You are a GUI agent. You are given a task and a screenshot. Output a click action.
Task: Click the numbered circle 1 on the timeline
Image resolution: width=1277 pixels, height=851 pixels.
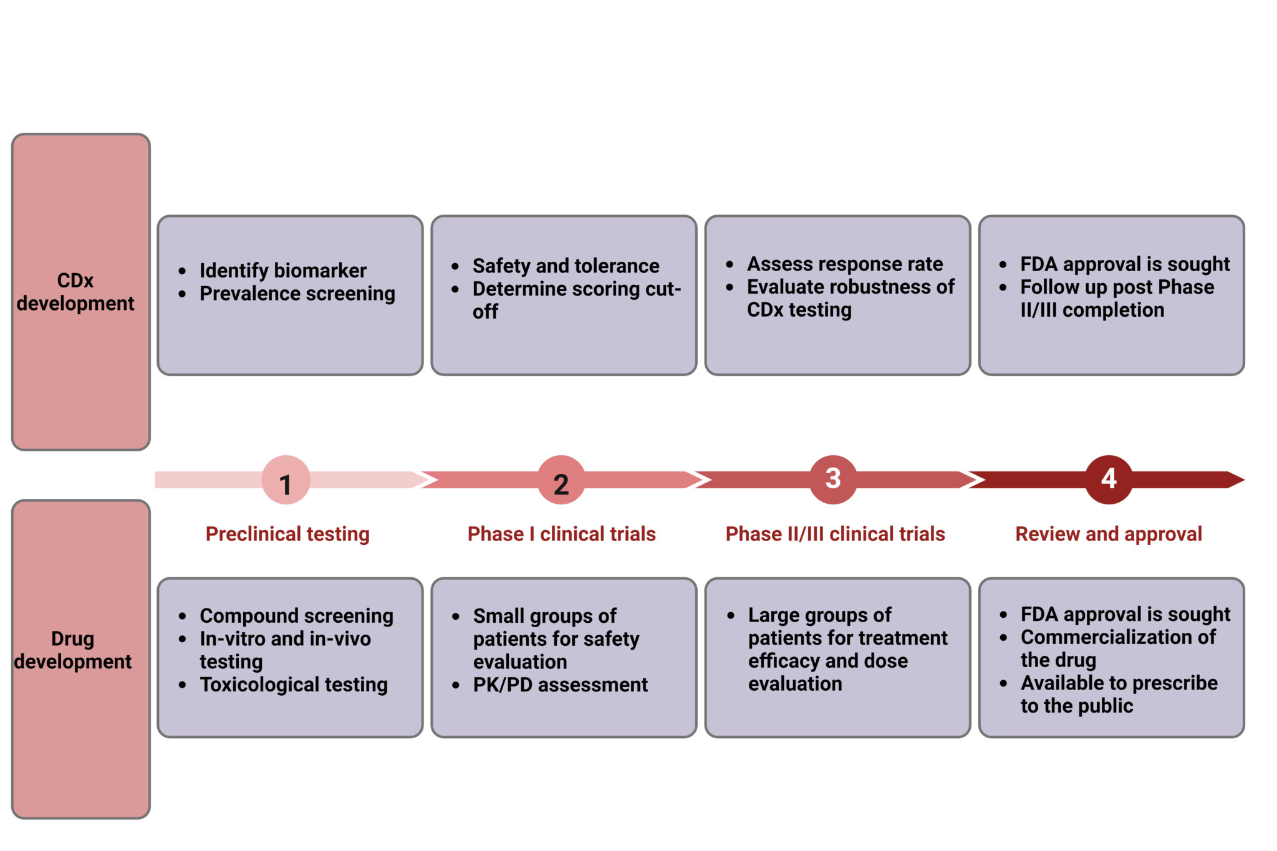(x=286, y=480)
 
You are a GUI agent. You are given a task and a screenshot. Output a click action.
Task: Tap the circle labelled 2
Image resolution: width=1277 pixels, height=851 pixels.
(x=561, y=480)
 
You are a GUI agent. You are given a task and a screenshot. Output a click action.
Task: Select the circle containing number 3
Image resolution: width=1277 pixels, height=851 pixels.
(x=833, y=479)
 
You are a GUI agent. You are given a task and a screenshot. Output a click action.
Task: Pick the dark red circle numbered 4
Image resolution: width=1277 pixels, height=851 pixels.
(x=1109, y=479)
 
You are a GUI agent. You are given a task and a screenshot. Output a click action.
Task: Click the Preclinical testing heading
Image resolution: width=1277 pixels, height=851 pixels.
(x=287, y=534)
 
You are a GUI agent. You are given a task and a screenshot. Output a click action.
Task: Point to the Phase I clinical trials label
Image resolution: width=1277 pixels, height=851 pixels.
(x=561, y=534)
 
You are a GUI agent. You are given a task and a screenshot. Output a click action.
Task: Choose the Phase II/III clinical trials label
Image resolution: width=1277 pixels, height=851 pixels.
(x=835, y=534)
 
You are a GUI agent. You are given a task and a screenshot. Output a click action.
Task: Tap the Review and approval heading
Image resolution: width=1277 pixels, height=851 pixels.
(x=1109, y=534)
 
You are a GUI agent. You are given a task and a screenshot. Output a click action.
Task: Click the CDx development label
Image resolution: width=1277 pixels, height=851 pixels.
(x=75, y=292)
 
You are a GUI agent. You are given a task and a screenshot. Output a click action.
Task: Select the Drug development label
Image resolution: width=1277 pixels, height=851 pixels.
(x=73, y=650)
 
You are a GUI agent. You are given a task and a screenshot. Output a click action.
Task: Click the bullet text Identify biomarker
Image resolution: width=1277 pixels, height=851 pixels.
(x=282, y=271)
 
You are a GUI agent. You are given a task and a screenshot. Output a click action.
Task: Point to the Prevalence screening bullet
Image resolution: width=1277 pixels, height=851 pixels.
(x=297, y=294)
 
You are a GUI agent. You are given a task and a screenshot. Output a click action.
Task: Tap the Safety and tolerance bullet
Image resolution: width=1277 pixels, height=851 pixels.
(x=566, y=266)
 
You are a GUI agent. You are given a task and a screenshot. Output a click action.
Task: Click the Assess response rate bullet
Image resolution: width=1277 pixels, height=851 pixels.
(x=845, y=264)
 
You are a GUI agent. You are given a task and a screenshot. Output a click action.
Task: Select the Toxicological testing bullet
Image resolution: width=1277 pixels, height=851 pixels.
(x=294, y=685)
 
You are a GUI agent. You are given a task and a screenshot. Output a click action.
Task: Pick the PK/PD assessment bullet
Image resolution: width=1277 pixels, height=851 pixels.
(x=560, y=685)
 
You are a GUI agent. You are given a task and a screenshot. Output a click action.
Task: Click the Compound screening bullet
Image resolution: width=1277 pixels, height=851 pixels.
(x=296, y=616)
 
